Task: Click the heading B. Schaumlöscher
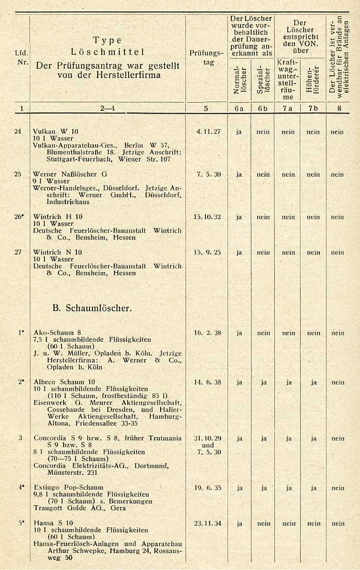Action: coord(92,308)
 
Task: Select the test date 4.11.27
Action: coord(208,132)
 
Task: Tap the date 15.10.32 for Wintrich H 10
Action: coord(207,217)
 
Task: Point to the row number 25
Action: coord(18,174)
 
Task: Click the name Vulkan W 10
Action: coord(51,132)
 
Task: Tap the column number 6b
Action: coord(263,108)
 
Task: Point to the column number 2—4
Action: coord(107,108)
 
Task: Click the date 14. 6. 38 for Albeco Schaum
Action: coord(207,383)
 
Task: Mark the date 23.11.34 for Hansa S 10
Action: coord(207,523)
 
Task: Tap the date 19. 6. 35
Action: coord(207,487)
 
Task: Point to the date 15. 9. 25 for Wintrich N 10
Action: coord(207,252)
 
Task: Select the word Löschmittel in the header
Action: coord(107,52)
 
